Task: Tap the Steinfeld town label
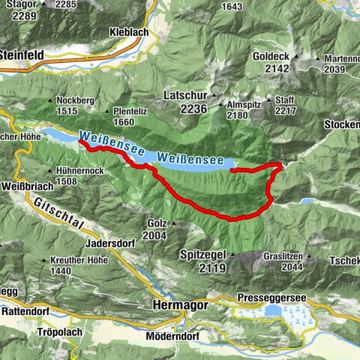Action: click(x=22, y=55)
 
